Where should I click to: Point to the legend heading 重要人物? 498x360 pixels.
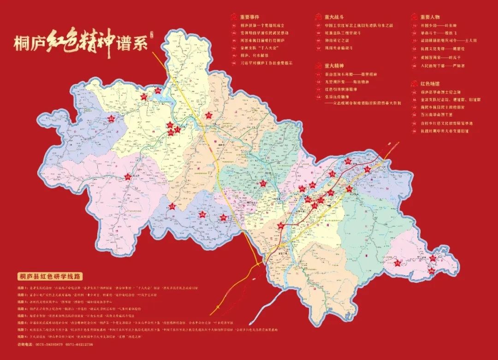click(x=421, y=16)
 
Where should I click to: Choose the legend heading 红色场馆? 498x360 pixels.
click(x=421, y=84)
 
